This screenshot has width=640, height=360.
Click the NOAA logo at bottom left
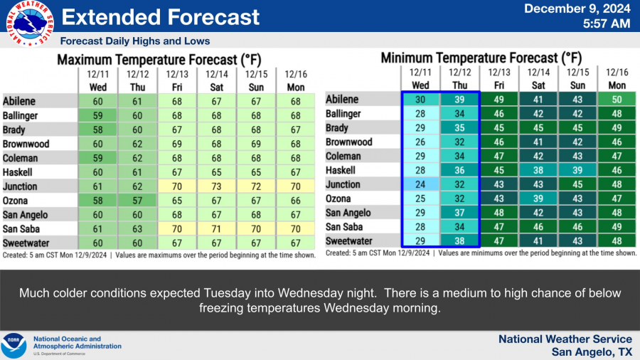tap(14, 346)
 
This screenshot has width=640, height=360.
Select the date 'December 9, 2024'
tap(577, 9)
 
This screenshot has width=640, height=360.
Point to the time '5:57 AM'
tap(606, 23)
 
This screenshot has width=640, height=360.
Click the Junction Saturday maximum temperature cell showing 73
tap(216, 186)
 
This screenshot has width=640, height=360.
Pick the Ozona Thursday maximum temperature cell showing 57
tap(137, 201)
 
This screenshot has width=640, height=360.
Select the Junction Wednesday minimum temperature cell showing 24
tap(420, 184)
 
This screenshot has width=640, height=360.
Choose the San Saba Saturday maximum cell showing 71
tap(216, 229)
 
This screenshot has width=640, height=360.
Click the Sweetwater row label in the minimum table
tap(349, 241)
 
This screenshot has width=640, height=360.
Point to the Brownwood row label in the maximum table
tap(26, 144)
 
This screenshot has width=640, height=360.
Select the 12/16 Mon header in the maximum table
tap(295, 79)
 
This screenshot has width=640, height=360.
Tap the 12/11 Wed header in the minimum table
tap(420, 78)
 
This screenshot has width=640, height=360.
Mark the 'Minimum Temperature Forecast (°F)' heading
tap(481, 58)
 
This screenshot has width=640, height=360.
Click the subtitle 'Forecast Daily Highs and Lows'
tap(135, 41)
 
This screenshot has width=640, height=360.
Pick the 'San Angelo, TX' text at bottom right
tap(592, 352)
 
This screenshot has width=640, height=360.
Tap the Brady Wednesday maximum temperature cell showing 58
tap(98, 129)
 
